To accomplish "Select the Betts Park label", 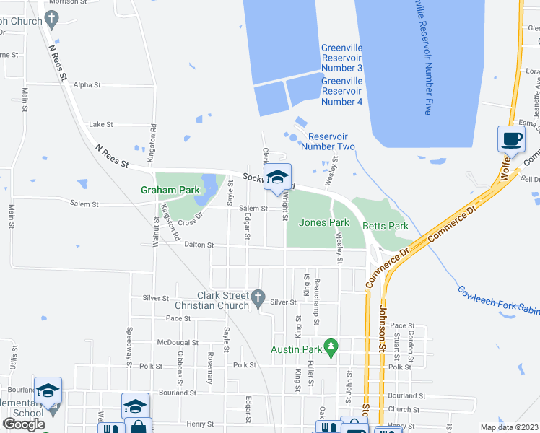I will (385, 226).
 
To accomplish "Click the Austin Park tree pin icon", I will (331, 347).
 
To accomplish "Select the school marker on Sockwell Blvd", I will (277, 178).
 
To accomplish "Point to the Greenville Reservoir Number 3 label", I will (341, 58).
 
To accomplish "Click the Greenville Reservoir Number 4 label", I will (341, 91).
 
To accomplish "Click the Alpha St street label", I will (87, 84).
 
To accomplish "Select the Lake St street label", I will (101, 124).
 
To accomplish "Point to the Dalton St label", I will (200, 245).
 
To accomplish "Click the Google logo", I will (24, 424).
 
